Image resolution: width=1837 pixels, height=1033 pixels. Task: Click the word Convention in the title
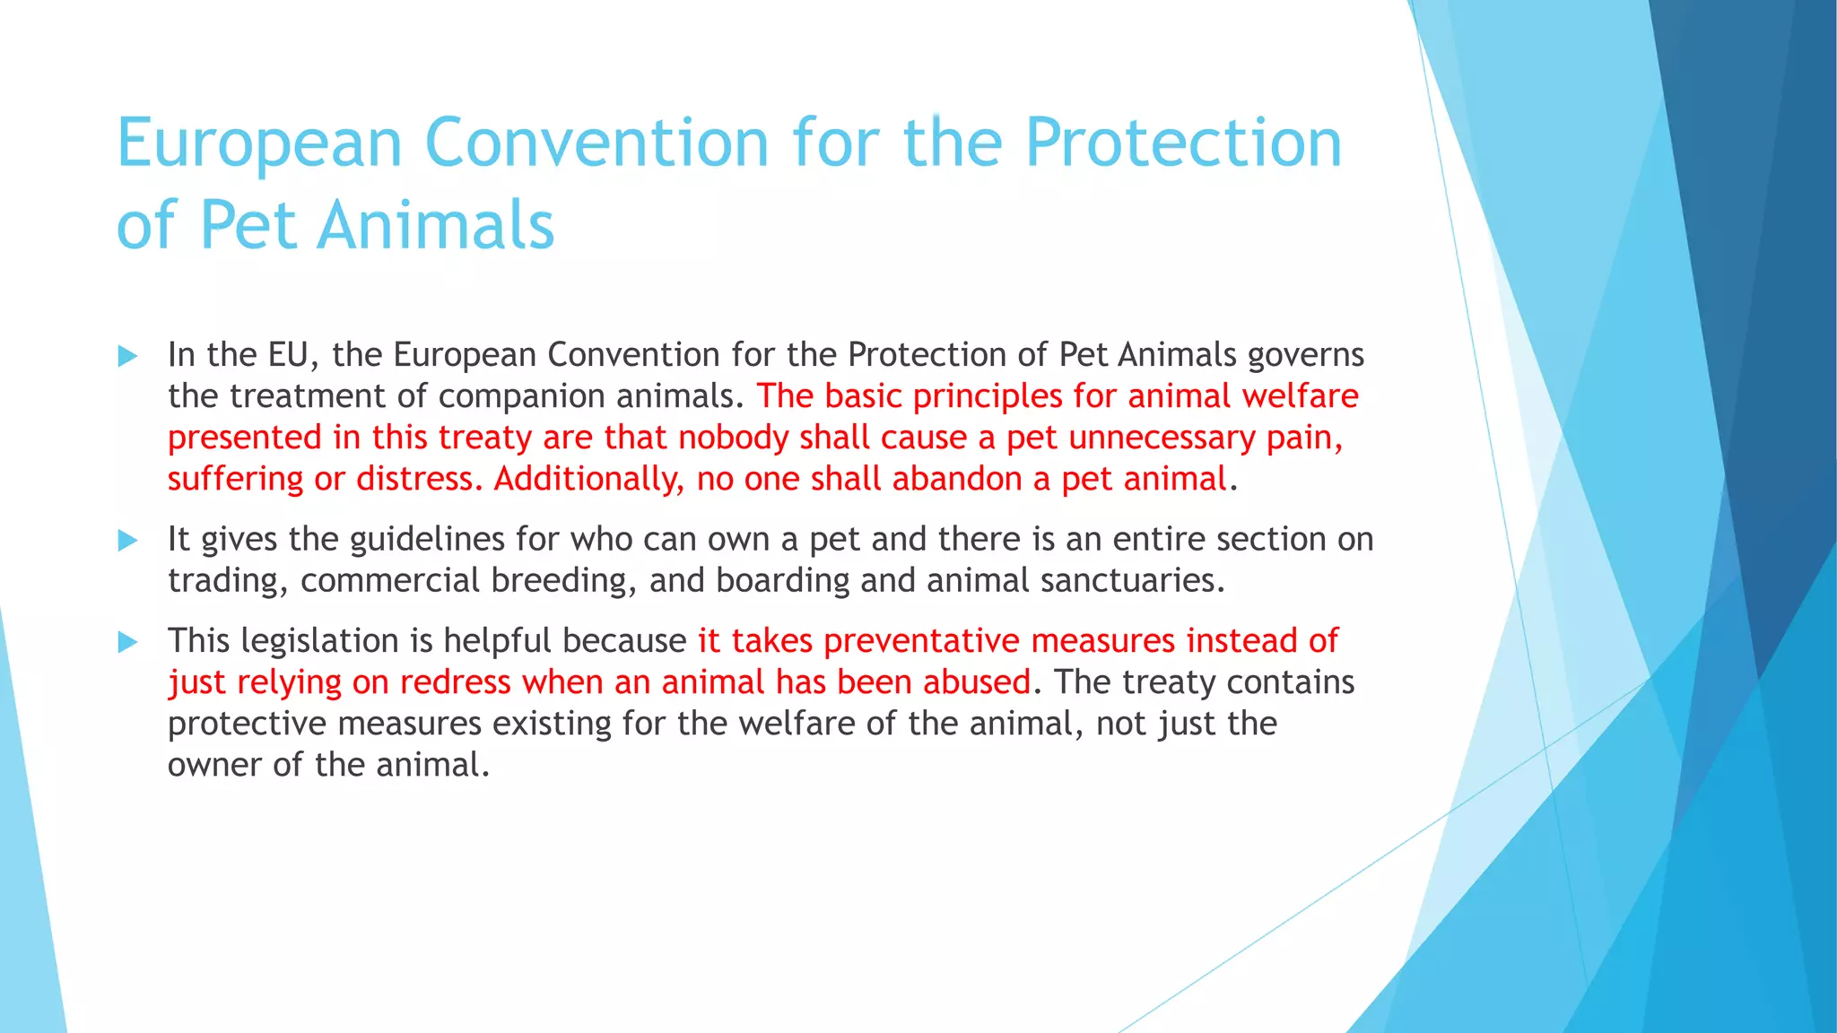[x=596, y=143]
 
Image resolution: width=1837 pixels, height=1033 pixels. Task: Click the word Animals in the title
[x=436, y=226]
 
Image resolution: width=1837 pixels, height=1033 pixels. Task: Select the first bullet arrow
[x=127, y=357]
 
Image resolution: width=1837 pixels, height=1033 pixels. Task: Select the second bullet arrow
[x=127, y=541]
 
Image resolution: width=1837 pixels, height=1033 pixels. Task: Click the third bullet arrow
[x=127, y=642]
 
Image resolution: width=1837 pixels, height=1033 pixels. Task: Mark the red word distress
[x=414, y=479]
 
